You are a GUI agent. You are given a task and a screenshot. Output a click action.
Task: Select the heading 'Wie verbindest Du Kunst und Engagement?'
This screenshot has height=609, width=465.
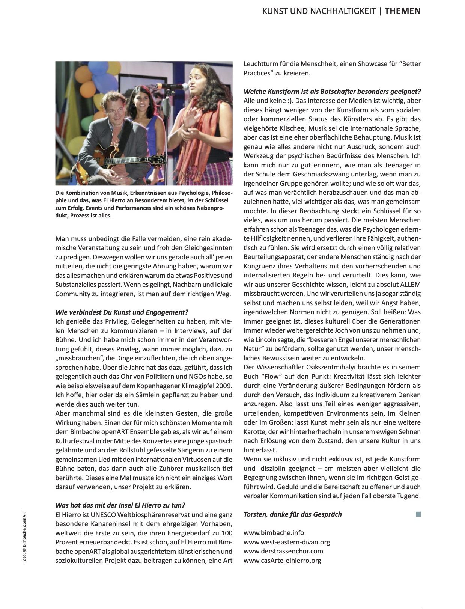click(x=122, y=312)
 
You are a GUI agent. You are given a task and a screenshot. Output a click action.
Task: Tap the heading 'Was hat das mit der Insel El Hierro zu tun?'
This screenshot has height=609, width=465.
click(x=120, y=505)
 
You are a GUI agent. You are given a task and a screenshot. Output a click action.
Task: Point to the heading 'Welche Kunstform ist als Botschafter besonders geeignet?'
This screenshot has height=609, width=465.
click(x=332, y=92)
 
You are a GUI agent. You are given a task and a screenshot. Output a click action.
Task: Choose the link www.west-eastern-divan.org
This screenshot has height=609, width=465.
click(x=287, y=542)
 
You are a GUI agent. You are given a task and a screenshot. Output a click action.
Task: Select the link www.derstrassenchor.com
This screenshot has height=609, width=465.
click(x=283, y=551)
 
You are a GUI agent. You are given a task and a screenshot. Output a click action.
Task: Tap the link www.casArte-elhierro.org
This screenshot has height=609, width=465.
click(x=282, y=561)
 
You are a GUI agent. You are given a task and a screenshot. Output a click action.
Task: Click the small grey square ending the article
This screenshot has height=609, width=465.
click(x=418, y=514)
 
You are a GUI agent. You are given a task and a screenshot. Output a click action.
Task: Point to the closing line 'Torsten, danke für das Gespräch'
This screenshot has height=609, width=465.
click(x=293, y=514)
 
